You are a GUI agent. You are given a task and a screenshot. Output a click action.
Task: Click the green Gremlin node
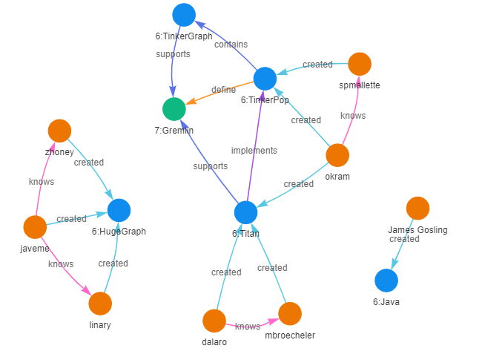[x=174, y=109]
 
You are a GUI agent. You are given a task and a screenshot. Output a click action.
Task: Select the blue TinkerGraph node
[x=184, y=15]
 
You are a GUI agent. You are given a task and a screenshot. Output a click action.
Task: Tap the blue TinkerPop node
[x=265, y=79]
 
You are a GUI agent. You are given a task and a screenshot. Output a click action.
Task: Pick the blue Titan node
[x=245, y=212]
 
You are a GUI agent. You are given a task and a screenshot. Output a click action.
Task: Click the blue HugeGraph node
[x=119, y=211]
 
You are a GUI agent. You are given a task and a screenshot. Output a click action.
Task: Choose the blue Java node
[x=386, y=281]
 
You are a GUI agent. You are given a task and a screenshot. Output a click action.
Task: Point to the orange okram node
[x=337, y=155]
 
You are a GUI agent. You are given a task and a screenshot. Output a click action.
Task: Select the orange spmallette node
[x=360, y=64]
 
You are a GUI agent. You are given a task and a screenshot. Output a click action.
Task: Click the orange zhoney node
[x=59, y=131]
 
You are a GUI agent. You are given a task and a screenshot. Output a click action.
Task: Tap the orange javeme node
[x=35, y=227]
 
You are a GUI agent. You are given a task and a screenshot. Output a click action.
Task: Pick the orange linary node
[x=100, y=304]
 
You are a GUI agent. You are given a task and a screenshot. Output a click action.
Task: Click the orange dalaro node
[x=214, y=321]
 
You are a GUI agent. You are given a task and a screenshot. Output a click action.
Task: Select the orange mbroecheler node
[x=290, y=313]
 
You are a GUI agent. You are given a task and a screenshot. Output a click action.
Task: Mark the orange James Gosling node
[x=417, y=209]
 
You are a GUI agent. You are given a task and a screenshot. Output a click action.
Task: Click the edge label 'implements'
[x=254, y=151]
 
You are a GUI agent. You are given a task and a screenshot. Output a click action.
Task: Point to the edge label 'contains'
[x=231, y=45]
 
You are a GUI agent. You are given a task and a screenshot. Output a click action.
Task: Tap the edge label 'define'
[x=223, y=90]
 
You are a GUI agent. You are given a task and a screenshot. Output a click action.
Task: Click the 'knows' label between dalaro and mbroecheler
[x=248, y=327]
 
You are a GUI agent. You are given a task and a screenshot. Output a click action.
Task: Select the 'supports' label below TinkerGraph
[x=173, y=54]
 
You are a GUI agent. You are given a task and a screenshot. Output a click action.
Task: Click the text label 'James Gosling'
[x=417, y=230]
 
